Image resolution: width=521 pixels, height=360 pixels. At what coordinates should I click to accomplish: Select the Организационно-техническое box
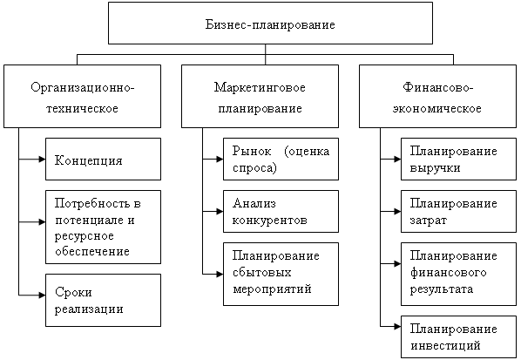[83, 97]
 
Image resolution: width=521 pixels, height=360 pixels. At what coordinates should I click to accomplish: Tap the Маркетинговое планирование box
[258, 97]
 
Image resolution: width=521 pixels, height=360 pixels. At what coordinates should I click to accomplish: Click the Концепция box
[103, 159]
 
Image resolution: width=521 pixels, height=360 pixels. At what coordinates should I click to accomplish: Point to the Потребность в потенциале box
[103, 226]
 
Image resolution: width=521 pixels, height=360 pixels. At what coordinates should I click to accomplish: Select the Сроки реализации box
[103, 300]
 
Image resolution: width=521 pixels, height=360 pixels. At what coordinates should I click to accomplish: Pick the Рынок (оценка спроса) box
[281, 159]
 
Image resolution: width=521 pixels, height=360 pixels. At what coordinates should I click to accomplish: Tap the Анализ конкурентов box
[281, 211]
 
